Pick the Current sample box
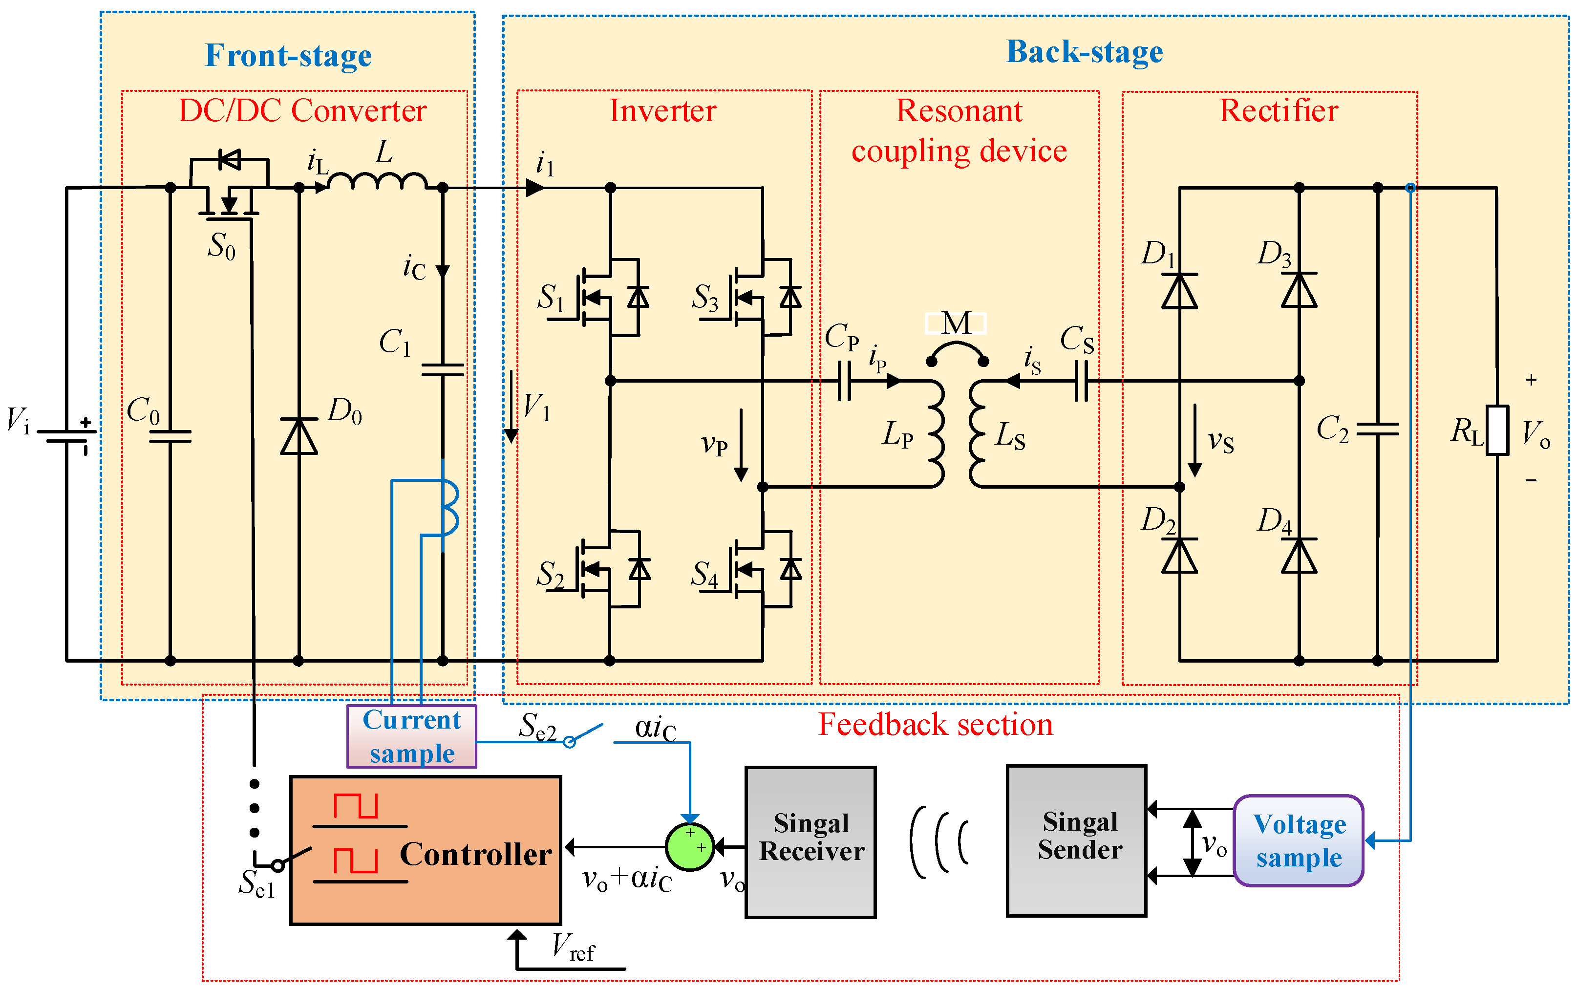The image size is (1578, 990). [x=412, y=736]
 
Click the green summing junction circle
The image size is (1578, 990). [x=689, y=847]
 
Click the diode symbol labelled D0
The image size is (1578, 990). [x=299, y=436]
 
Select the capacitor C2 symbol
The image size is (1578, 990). [x=1377, y=429]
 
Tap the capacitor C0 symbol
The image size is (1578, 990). [x=170, y=435]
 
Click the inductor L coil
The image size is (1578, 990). [x=377, y=181]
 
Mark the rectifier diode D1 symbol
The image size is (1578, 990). [x=1179, y=291]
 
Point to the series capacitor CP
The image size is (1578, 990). [x=844, y=381]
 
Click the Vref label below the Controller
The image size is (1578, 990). [x=572, y=947]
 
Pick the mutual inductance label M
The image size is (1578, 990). [x=956, y=323]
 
